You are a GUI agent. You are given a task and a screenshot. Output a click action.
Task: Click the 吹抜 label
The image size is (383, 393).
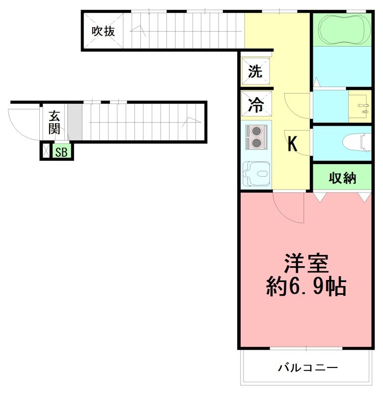click(x=103, y=31)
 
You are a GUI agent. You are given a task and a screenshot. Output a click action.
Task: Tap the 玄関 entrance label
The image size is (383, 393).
click(x=54, y=123)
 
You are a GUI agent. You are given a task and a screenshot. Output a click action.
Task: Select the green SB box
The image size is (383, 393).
click(x=62, y=152)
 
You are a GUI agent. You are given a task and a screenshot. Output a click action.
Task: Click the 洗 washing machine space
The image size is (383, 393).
click(x=255, y=71)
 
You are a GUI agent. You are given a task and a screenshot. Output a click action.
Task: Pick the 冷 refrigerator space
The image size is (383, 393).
click(x=255, y=104)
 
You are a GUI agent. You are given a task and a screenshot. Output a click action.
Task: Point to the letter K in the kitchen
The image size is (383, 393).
click(x=292, y=144)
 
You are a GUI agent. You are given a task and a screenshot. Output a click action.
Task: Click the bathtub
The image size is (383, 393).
click(x=343, y=29)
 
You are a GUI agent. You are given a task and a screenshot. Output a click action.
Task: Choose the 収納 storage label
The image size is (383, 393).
click(x=342, y=178)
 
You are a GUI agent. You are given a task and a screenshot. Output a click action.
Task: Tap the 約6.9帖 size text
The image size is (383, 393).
click(x=306, y=286)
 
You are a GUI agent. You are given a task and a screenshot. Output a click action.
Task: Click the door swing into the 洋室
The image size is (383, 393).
click(x=287, y=209)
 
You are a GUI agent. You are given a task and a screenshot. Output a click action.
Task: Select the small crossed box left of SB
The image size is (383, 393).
click(x=46, y=151)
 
